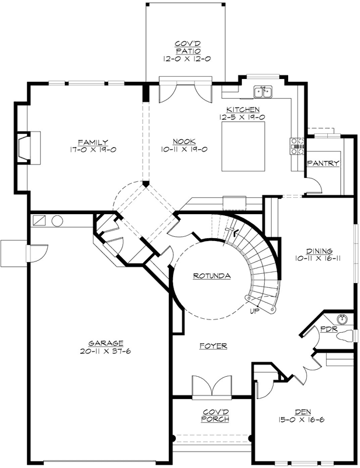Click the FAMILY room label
[x=93, y=142]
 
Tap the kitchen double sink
[x=263, y=92]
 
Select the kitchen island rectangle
[x=243, y=146]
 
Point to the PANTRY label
[x=323, y=163]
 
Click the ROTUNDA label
[x=212, y=276]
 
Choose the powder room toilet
[x=345, y=336]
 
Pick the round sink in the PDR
[x=342, y=319]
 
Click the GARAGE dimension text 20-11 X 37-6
[x=106, y=351]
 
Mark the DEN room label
[x=303, y=412]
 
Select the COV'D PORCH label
[x=215, y=415]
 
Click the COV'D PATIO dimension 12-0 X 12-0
[x=187, y=59]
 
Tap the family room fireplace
[x=28, y=148]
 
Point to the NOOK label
[x=184, y=142]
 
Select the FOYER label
[x=213, y=346]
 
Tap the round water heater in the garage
[x=57, y=221]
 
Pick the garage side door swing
[x=39, y=253]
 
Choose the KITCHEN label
[x=243, y=109]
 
